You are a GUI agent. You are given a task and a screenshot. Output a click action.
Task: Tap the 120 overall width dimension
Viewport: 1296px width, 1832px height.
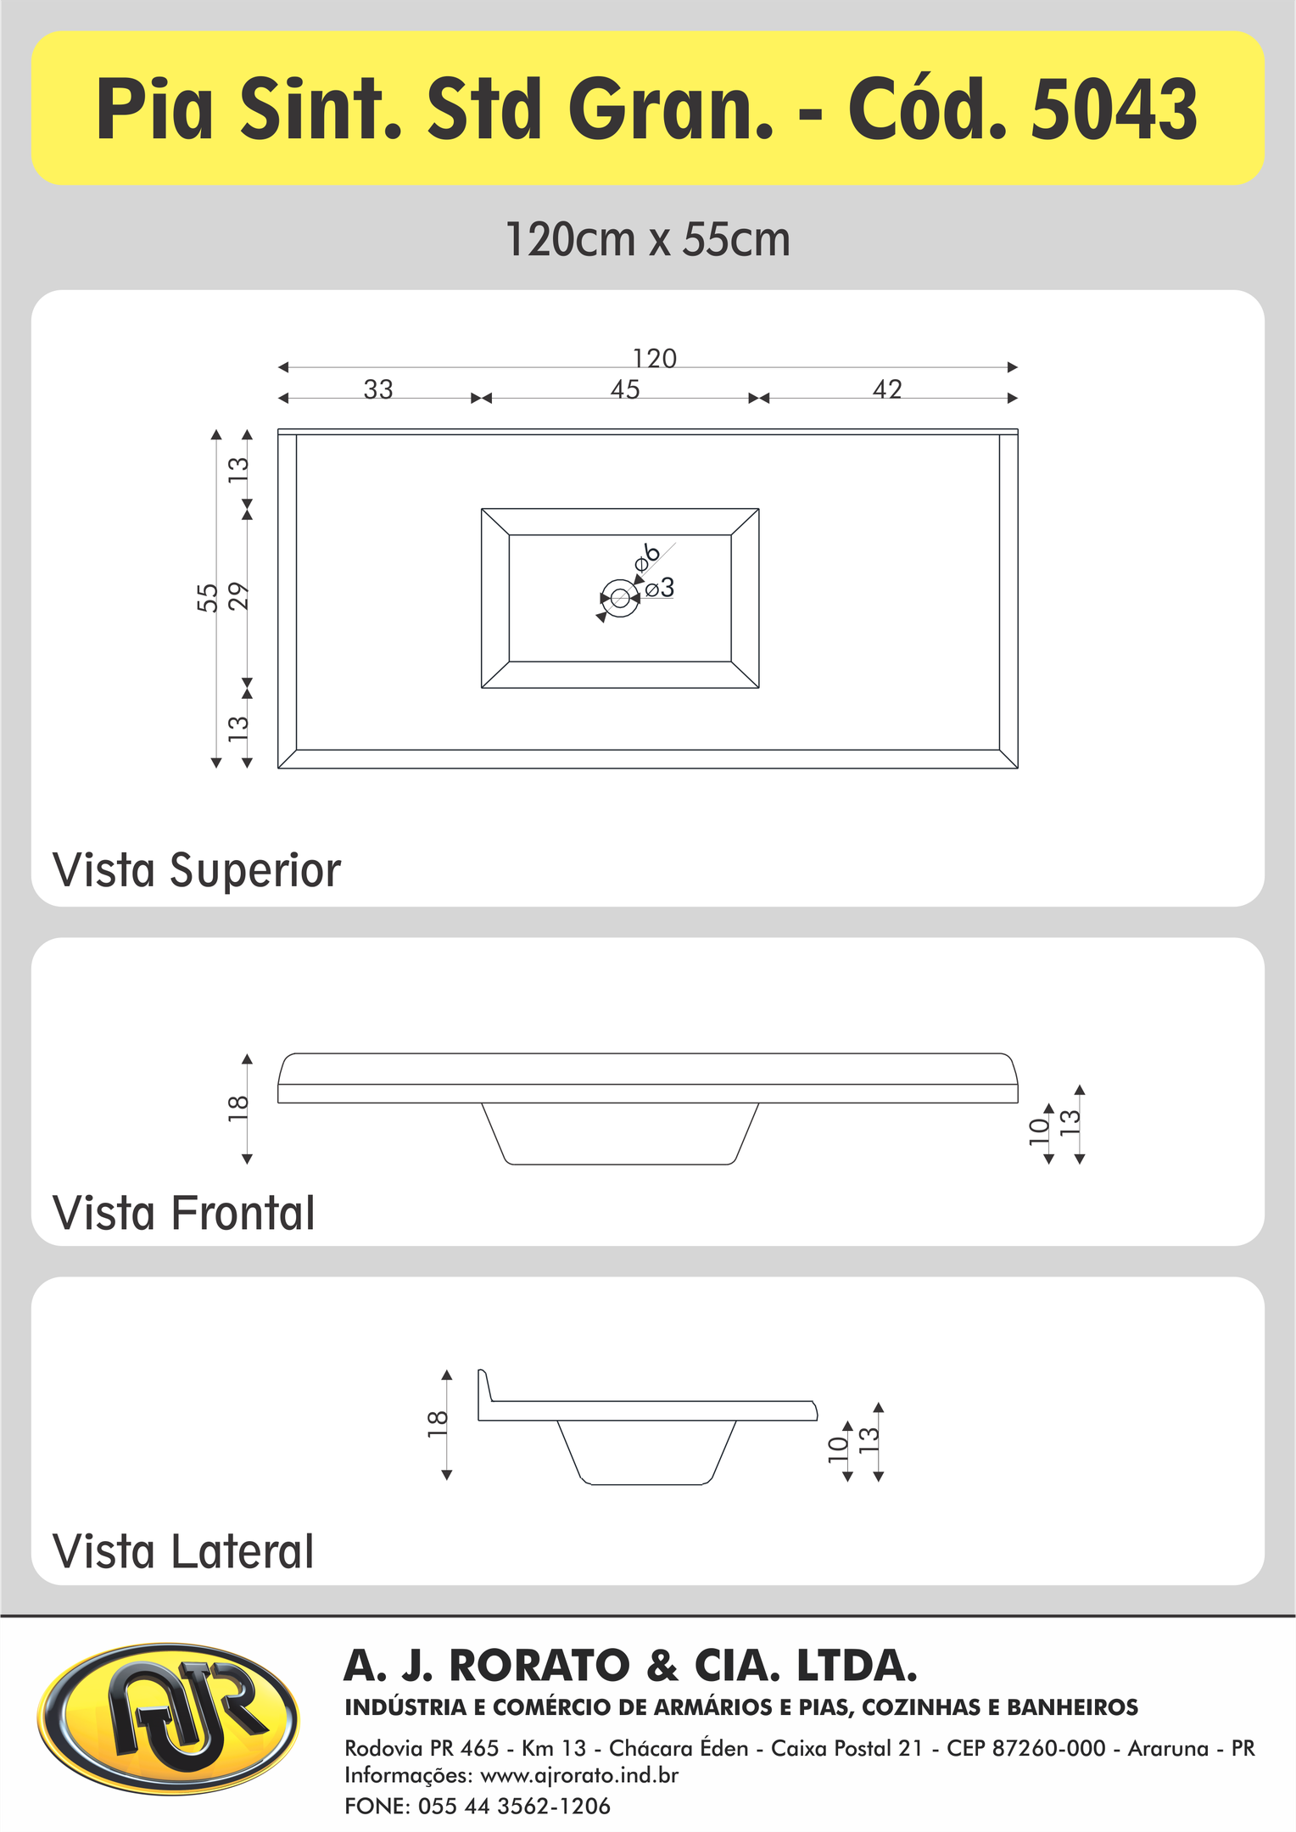point(655,359)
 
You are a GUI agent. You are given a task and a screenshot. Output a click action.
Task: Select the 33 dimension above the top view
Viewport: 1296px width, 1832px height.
point(378,389)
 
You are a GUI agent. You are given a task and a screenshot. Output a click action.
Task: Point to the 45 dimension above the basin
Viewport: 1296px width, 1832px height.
point(625,389)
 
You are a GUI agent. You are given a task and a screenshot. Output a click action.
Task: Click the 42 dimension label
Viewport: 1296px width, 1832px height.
point(887,389)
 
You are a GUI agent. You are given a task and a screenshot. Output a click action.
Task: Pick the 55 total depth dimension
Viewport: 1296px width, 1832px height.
point(208,597)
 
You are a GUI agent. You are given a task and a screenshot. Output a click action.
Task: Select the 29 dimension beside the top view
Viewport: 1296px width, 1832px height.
point(239,596)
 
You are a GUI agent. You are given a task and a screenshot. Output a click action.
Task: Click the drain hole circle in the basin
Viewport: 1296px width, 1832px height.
point(619,598)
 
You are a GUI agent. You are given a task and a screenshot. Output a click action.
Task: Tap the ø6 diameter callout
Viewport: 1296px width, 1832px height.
point(646,556)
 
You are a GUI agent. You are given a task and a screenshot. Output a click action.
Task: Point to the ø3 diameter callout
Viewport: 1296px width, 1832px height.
point(659,587)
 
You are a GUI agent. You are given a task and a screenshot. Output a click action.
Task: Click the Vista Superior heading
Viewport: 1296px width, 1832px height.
point(197,870)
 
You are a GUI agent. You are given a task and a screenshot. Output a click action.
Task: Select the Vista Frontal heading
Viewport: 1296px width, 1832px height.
point(184,1213)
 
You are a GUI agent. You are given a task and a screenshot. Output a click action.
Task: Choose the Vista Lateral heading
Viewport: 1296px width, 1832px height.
point(183,1552)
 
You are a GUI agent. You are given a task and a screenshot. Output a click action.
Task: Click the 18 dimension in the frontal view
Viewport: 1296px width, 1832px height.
point(239,1108)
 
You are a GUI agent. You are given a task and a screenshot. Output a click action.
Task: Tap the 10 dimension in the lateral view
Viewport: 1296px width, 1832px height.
point(838,1448)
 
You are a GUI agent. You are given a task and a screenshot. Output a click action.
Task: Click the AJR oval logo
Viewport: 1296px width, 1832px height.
point(169,1719)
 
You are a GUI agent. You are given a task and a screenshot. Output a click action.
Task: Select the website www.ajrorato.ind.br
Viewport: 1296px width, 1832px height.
point(579,1775)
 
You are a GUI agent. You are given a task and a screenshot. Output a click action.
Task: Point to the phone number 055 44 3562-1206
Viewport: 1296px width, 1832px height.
point(514,1807)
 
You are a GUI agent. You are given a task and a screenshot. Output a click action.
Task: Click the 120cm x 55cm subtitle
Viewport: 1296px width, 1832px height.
point(648,239)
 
